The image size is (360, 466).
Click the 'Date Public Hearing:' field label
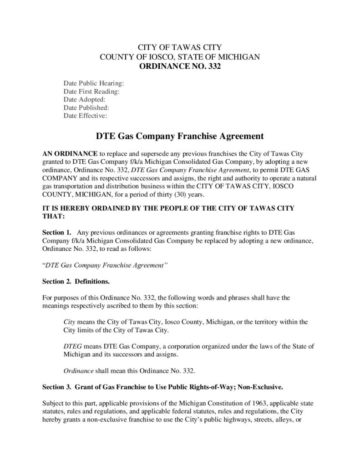click(94, 83)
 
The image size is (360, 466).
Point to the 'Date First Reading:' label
click(91, 91)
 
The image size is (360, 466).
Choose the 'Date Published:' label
click(86, 108)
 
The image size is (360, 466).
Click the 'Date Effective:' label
click(85, 116)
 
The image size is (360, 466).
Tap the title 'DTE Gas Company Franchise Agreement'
click(179, 136)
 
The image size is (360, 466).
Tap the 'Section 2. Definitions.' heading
click(76, 280)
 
